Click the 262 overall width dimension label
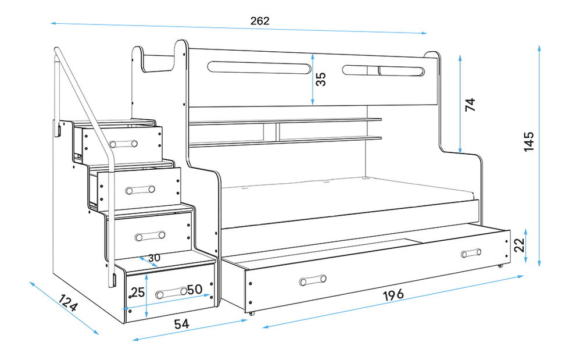tap(260, 21)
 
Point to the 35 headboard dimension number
tap(320, 79)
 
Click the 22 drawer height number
tap(521, 244)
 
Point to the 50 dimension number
tap(194, 288)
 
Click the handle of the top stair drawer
tap(126, 144)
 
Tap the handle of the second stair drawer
tap(140, 189)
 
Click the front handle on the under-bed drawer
tap(313, 281)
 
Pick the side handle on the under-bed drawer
tap(471, 253)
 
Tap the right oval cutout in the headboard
tap(383, 71)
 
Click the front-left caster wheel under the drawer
tap(251, 313)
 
